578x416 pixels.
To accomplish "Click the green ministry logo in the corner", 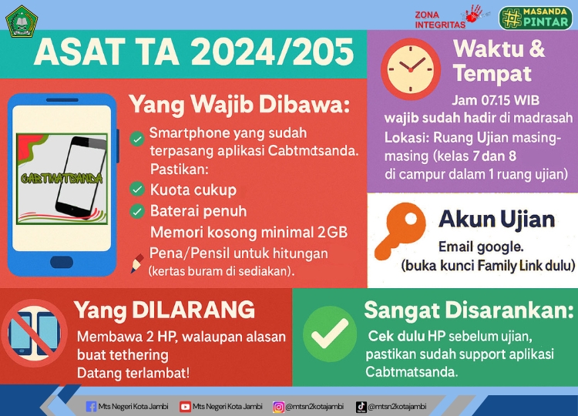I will pyautogui.click(x=21, y=21).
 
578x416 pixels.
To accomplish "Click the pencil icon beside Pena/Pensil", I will pyautogui.click(x=137, y=262).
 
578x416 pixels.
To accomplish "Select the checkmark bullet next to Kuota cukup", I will pyautogui.click(x=137, y=190).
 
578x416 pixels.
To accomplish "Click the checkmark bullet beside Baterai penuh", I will pyautogui.click(x=137, y=211).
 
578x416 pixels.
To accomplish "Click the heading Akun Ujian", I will pyautogui.click(x=496, y=220).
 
